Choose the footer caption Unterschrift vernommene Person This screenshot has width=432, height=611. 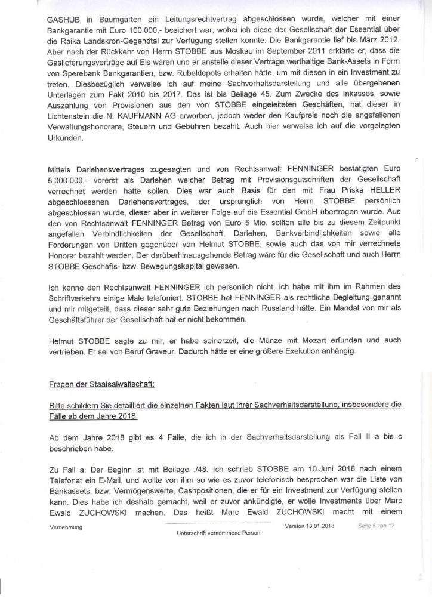(203, 532)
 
